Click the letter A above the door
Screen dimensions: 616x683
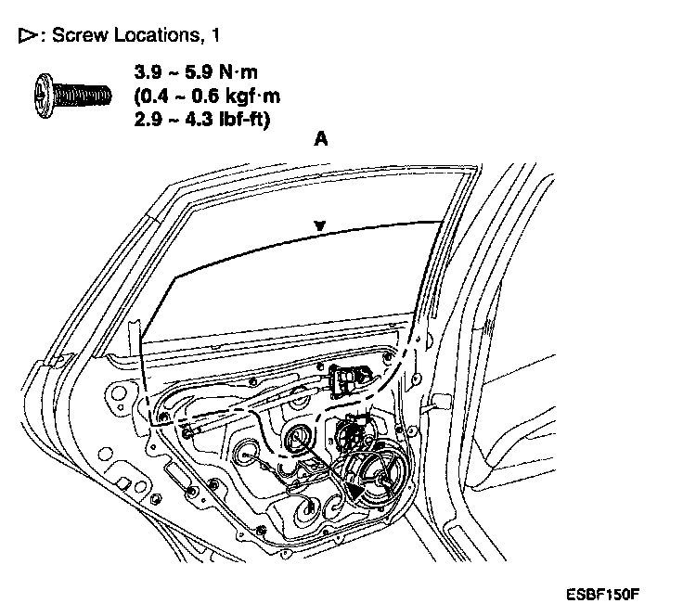pos(321,139)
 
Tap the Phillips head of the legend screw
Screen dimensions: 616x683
pos(45,94)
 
